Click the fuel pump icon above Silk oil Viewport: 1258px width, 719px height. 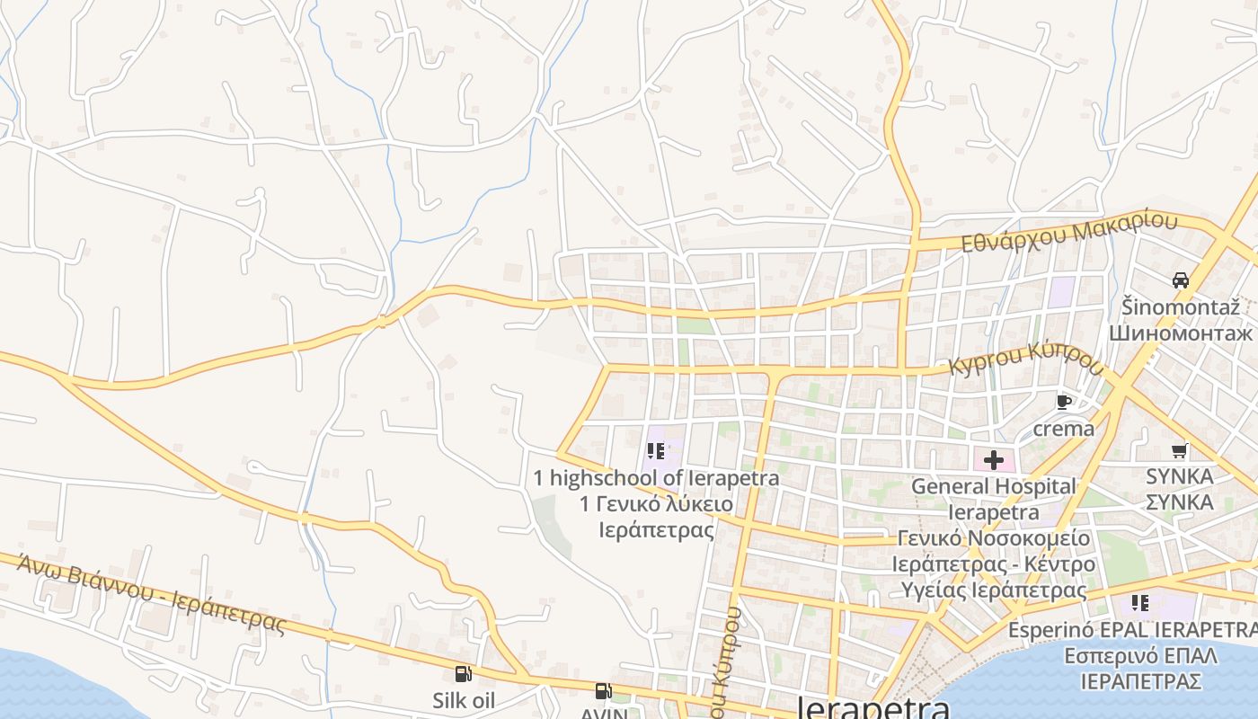[x=464, y=673]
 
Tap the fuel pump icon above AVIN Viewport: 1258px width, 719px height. [x=604, y=691]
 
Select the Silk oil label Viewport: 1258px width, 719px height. [x=464, y=700]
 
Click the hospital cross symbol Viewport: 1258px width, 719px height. [x=993, y=460]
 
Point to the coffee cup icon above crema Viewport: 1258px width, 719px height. [x=1064, y=402]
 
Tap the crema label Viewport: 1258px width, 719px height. [x=1064, y=428]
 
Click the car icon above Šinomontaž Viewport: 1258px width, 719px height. [x=1181, y=280]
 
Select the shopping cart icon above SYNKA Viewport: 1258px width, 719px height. [x=1179, y=450]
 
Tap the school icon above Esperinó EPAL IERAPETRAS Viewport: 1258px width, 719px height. [x=1140, y=602]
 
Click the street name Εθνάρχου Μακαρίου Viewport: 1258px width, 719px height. [x=1068, y=232]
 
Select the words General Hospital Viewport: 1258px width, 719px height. [x=993, y=486]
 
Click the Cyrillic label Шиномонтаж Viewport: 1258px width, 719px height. [x=1180, y=333]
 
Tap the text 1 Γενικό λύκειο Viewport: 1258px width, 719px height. [x=656, y=503]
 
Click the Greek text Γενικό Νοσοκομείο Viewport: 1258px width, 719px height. [x=993, y=538]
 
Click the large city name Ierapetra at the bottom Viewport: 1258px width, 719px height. [x=873, y=708]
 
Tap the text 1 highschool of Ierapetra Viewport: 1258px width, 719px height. [x=656, y=477]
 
